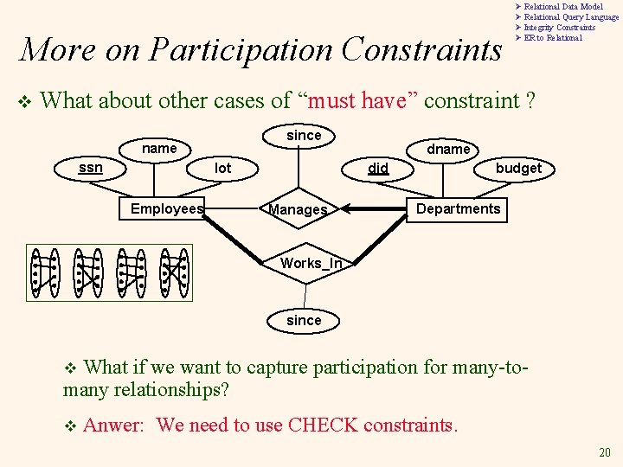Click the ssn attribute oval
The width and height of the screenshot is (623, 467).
[x=91, y=167]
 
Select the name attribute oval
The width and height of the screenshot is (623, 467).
[x=159, y=149]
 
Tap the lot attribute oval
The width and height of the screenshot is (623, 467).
[x=223, y=168]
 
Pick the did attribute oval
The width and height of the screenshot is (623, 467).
[x=378, y=168]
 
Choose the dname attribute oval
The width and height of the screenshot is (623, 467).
[x=449, y=149]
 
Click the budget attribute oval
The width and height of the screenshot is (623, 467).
[x=518, y=168]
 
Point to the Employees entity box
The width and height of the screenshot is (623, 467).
[x=166, y=208]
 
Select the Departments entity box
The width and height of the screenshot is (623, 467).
[x=458, y=208]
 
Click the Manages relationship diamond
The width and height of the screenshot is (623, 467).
[x=299, y=209]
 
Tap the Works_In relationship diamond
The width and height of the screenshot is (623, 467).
[x=305, y=263]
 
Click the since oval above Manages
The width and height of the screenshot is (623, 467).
[x=304, y=135]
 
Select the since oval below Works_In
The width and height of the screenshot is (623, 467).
[x=304, y=320]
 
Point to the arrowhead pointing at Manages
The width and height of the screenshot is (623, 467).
[x=344, y=208]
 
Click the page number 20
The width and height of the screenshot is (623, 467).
[x=606, y=453]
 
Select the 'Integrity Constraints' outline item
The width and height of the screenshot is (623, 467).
[x=559, y=28]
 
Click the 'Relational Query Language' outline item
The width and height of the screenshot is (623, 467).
[x=571, y=17]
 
